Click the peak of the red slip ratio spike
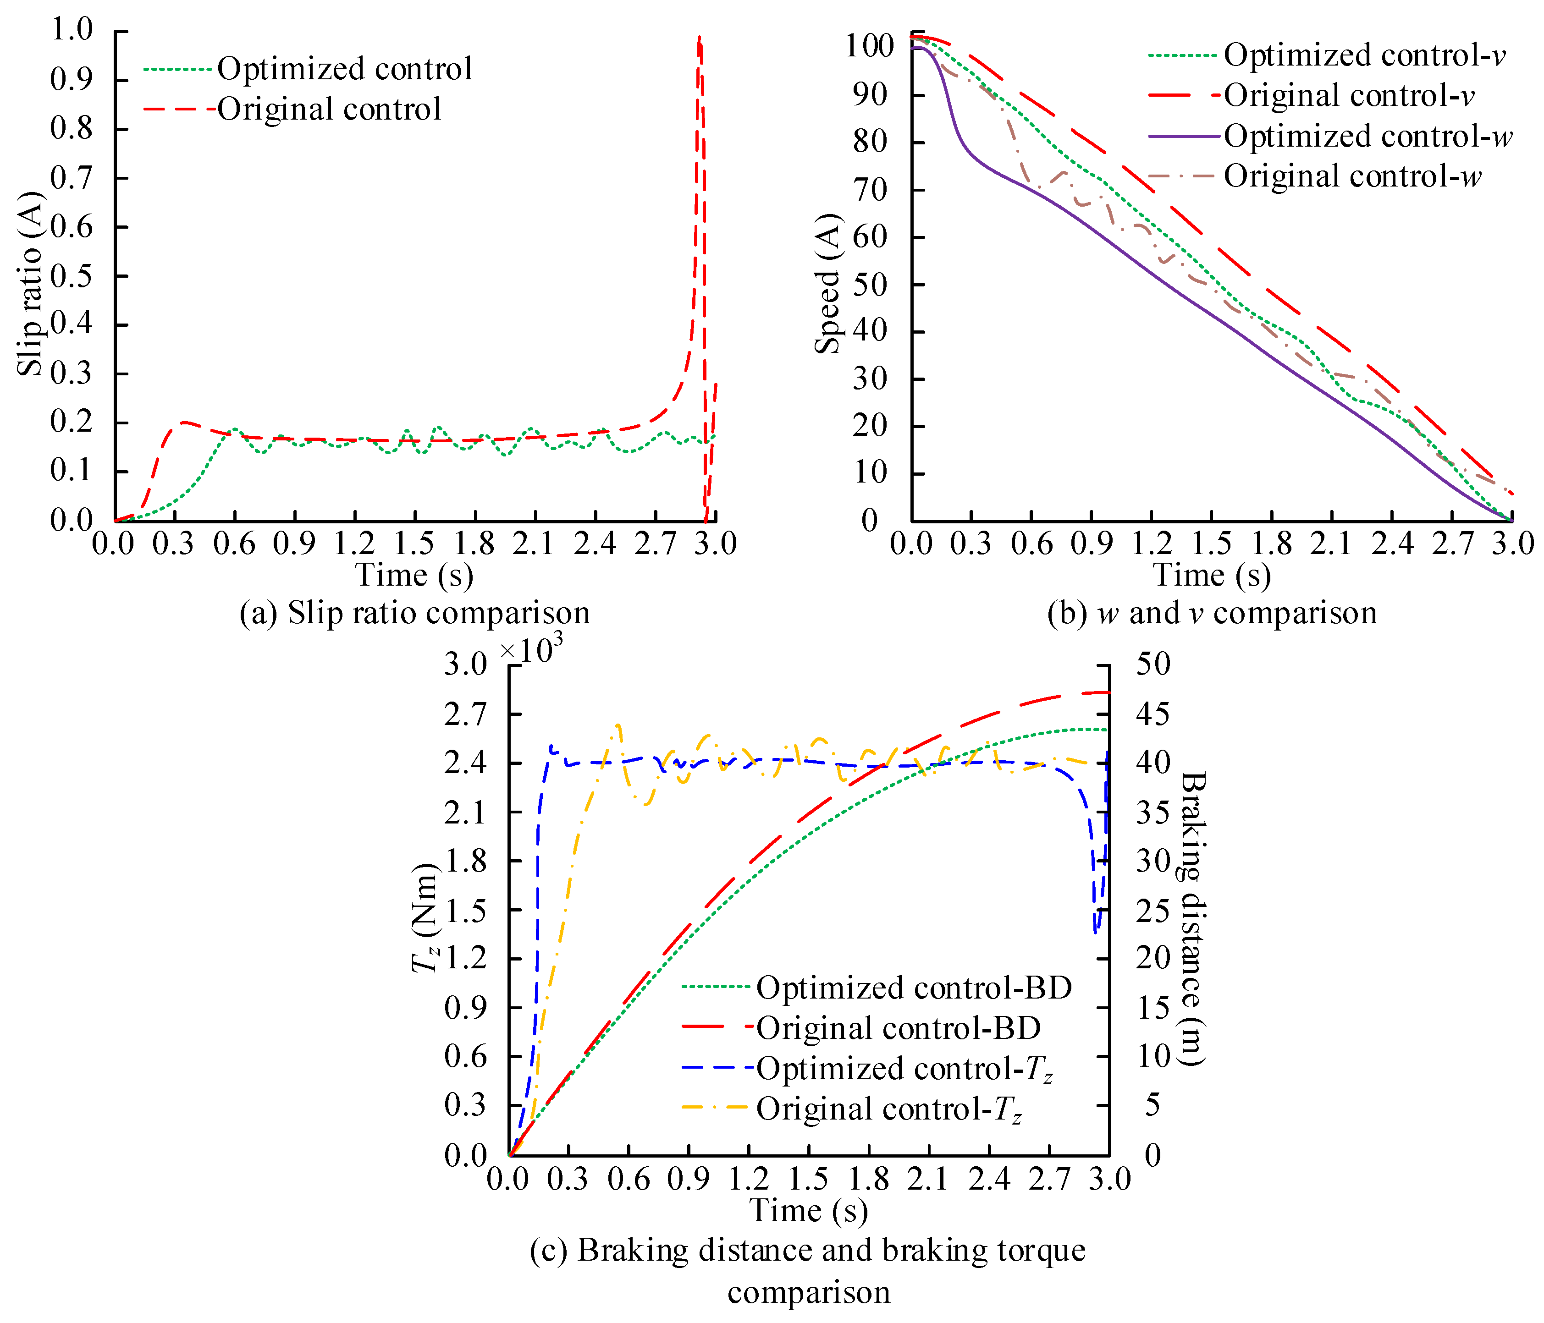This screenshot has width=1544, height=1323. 699,37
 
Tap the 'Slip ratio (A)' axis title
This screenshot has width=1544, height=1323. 31,283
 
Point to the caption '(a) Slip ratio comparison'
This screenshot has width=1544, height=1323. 414,613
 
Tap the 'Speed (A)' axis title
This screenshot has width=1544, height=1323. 827,283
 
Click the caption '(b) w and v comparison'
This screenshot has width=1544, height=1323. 1212,613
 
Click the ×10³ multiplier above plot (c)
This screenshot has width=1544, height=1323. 530,649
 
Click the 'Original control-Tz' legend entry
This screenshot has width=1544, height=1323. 888,1109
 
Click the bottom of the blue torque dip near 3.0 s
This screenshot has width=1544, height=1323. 1095,931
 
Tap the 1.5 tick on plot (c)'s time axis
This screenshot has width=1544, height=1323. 809,1179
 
